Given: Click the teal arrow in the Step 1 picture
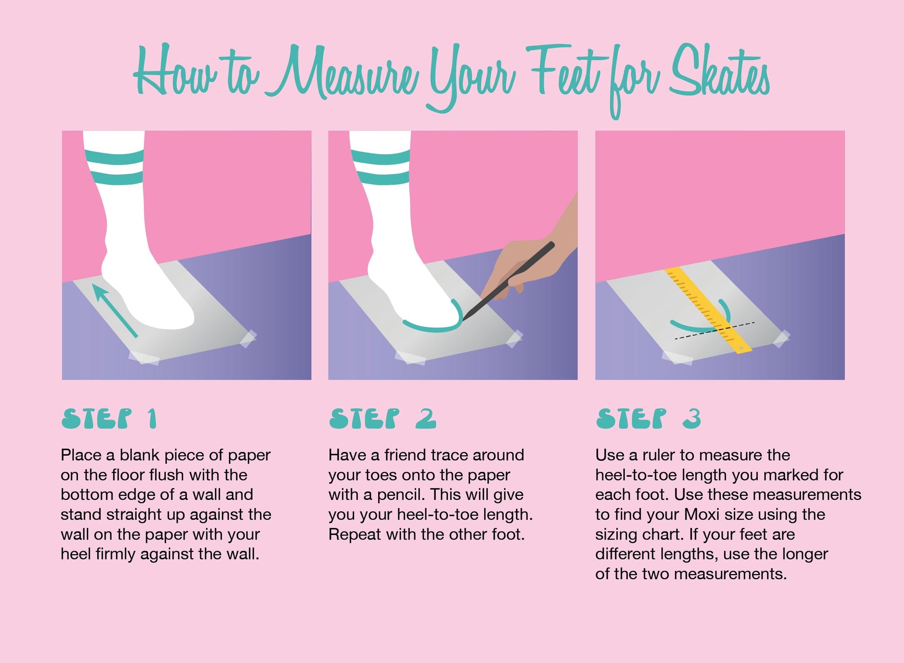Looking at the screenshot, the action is pos(115,310).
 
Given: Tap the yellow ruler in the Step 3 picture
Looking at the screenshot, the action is pos(708,310).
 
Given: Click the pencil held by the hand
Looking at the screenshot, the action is pos(508,281).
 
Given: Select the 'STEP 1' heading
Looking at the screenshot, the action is pos(109,419).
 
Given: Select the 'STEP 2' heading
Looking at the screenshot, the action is pos(383,419).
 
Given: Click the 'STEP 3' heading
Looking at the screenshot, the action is pos(648,419).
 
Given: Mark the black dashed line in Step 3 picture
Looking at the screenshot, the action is pos(714,331).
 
